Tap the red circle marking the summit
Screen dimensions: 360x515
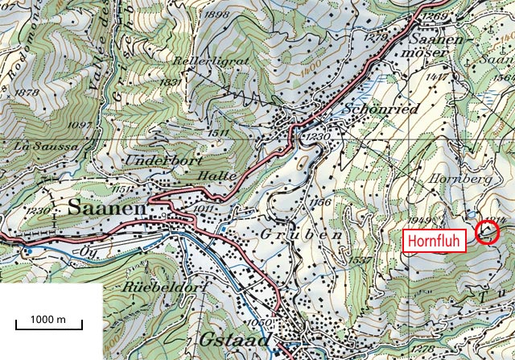(x=488, y=233)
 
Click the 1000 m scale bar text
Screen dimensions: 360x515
(x=49, y=319)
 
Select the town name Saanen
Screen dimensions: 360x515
(x=107, y=208)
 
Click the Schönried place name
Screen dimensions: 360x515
(x=381, y=110)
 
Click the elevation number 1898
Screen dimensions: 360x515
(x=195, y=15)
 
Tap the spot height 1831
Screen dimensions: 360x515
(x=170, y=82)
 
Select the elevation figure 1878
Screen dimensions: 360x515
(x=27, y=93)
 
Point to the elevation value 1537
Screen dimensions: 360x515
(x=359, y=259)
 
